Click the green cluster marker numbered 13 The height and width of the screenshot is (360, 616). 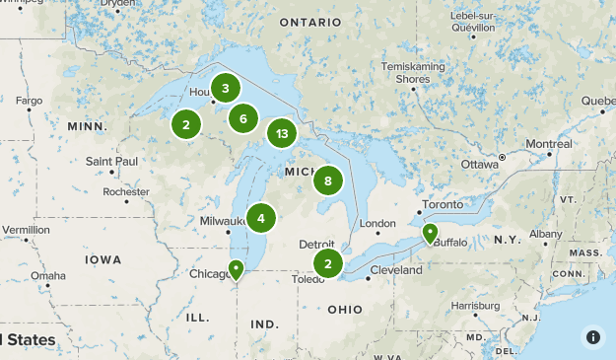[x=282, y=133]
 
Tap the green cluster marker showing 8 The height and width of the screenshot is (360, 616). [x=328, y=180]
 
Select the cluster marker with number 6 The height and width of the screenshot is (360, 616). [x=242, y=119]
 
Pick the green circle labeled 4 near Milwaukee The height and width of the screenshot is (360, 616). [x=261, y=218]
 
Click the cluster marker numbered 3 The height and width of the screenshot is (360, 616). [x=226, y=89]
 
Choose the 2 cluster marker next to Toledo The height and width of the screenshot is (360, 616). [x=328, y=262]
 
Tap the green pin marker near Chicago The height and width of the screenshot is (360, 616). [x=237, y=269]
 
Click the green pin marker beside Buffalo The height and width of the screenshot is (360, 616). [x=430, y=234]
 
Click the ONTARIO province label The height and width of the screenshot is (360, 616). [x=309, y=22]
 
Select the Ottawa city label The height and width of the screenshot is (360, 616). [x=480, y=163]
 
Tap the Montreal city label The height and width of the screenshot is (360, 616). [x=548, y=144]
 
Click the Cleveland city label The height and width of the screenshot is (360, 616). [x=396, y=269]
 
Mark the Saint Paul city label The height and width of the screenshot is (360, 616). [x=111, y=161]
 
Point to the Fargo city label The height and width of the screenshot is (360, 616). [x=28, y=101]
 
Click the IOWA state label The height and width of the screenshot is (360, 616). [x=103, y=259]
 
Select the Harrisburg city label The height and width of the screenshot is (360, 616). [x=475, y=306]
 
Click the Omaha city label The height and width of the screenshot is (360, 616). [x=47, y=275]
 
